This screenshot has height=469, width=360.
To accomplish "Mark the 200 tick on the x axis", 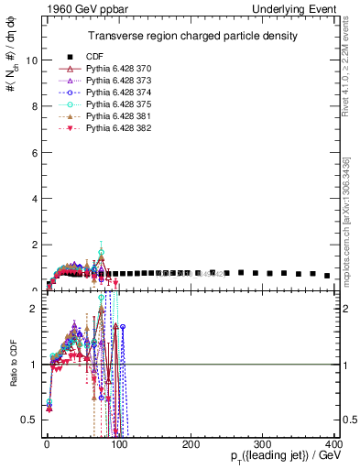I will pos(191,443).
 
